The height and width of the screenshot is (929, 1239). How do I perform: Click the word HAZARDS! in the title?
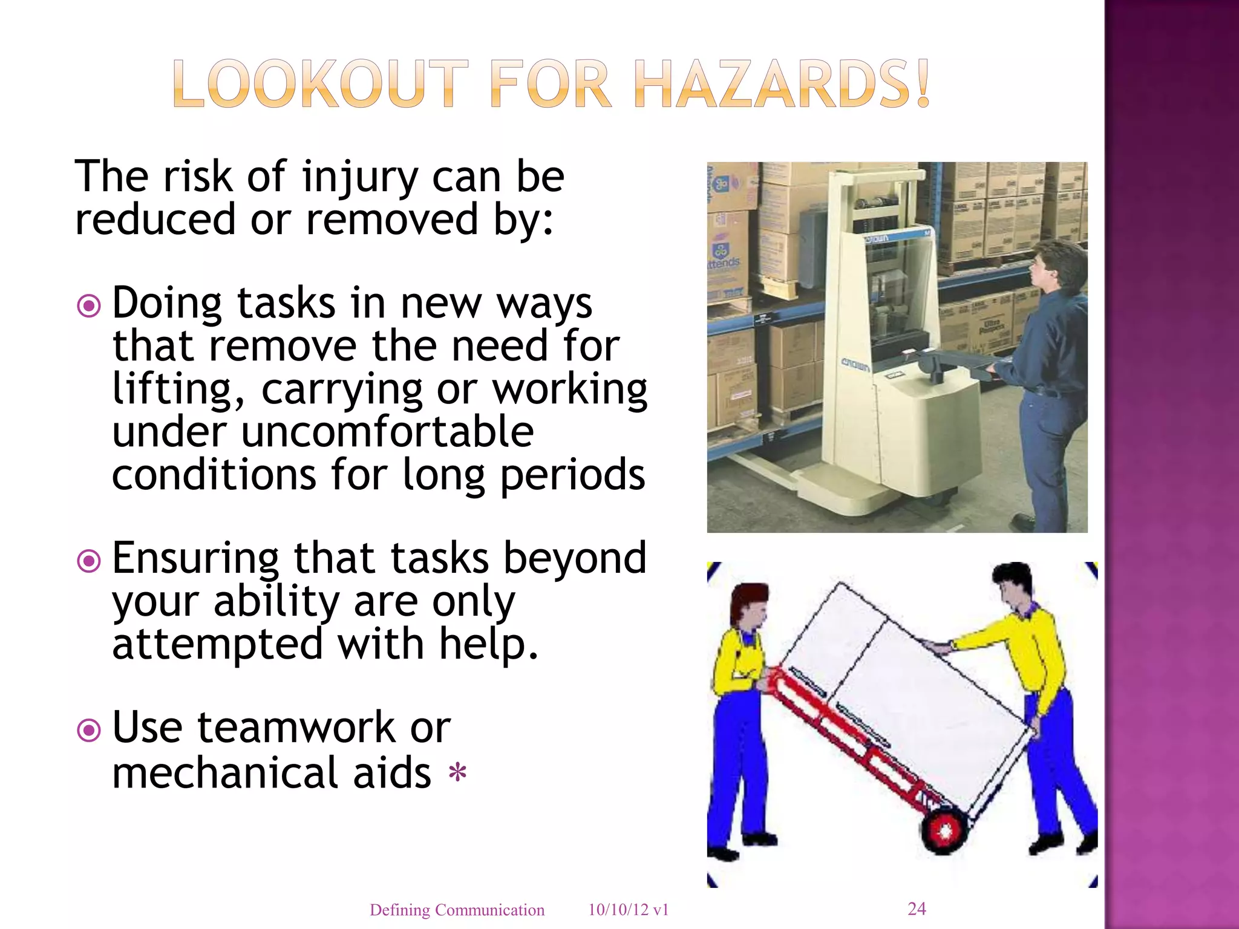click(x=783, y=85)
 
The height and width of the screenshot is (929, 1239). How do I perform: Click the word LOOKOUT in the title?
click(x=320, y=85)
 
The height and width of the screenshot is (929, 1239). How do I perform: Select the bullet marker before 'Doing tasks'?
click(x=89, y=306)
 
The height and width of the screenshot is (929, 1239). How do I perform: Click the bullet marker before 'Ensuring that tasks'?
click(x=89, y=561)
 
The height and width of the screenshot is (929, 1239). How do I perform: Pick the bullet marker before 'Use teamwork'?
click(x=89, y=730)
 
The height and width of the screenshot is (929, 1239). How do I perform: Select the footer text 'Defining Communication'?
click(x=457, y=910)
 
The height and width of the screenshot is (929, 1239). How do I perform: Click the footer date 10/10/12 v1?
click(x=628, y=910)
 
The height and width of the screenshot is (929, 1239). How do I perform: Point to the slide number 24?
click(x=917, y=908)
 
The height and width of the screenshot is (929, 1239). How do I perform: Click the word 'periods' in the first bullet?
click(x=572, y=475)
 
